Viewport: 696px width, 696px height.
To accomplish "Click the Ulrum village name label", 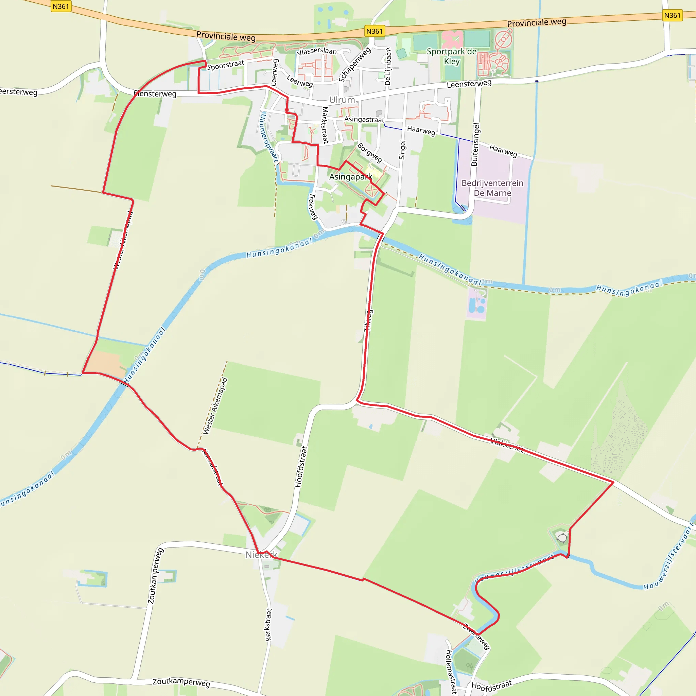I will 342,100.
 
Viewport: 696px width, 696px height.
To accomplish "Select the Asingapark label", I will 350,176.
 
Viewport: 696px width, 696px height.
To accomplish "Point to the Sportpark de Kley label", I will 452,56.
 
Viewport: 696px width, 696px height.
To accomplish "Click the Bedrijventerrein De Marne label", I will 492,188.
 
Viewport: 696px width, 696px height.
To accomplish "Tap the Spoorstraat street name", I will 226,65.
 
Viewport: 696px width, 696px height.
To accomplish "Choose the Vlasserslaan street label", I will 317,51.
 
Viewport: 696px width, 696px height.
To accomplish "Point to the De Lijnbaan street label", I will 388,66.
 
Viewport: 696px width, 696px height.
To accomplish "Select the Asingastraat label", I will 364,119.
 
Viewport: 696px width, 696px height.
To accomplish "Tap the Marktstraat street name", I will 325,125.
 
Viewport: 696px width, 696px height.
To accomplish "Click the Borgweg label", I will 369,153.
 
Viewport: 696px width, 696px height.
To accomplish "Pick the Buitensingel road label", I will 475,145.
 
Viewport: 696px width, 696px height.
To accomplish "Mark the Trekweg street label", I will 313,206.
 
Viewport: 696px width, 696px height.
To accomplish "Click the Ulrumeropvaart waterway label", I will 269,138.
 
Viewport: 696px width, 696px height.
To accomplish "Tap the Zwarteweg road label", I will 476,637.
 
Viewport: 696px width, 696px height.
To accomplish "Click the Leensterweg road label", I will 469,84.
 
